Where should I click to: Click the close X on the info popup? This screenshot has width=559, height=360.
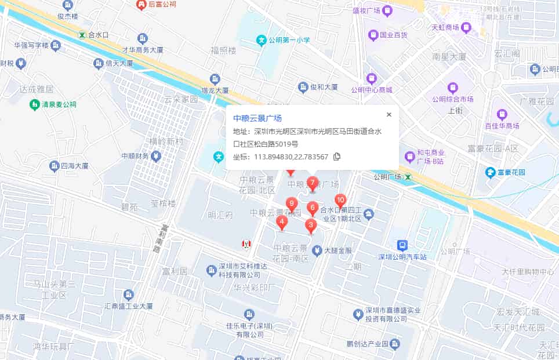pyautogui.click(x=389, y=114)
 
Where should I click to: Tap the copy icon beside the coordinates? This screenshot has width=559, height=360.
pyautogui.click(x=337, y=157)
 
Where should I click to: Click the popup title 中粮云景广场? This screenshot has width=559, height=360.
pyautogui.click(x=257, y=118)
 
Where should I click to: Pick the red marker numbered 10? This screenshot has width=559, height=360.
pyautogui.click(x=340, y=201)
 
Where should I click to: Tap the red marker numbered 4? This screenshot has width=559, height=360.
pyautogui.click(x=282, y=222)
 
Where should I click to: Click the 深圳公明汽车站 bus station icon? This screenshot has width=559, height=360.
pyautogui.click(x=402, y=245)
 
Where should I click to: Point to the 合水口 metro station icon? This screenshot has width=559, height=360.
pyautogui.click(x=82, y=35)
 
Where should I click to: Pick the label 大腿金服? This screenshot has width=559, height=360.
pyautogui.click(x=338, y=251)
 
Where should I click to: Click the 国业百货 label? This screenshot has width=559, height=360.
pyautogui.click(x=393, y=35)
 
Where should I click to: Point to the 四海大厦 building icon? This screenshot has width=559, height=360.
pyautogui.click(x=56, y=166)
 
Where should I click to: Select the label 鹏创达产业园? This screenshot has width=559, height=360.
pyautogui.click(x=368, y=344)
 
